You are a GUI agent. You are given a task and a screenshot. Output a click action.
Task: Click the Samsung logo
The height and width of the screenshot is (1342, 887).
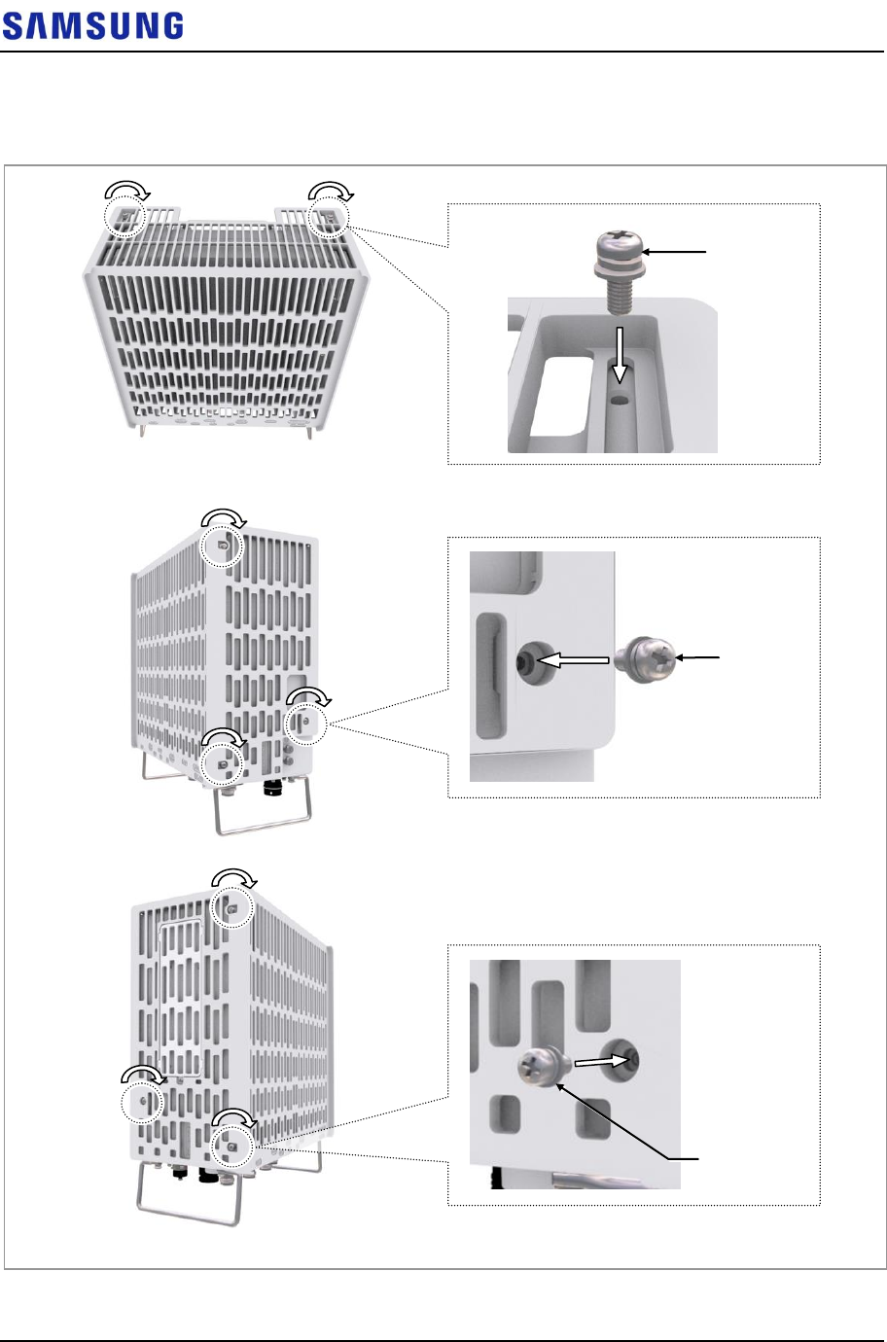pyautogui.click(x=92, y=25)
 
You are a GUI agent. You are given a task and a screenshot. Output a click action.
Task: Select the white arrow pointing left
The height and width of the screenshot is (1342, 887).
pyautogui.click(x=573, y=659)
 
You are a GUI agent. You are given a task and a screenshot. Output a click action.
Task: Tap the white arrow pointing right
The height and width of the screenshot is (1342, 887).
pyautogui.click(x=598, y=1062)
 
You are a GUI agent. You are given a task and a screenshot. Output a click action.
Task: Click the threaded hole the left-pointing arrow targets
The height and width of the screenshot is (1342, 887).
pyautogui.click(x=528, y=662)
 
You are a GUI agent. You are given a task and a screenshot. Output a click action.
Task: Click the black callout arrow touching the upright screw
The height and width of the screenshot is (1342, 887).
pyautogui.click(x=679, y=251)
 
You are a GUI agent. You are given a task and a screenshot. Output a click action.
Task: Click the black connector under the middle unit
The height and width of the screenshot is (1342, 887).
pyautogui.click(x=272, y=785)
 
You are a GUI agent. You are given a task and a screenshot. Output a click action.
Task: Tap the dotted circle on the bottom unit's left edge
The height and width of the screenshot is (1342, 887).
pyautogui.click(x=142, y=1101)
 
